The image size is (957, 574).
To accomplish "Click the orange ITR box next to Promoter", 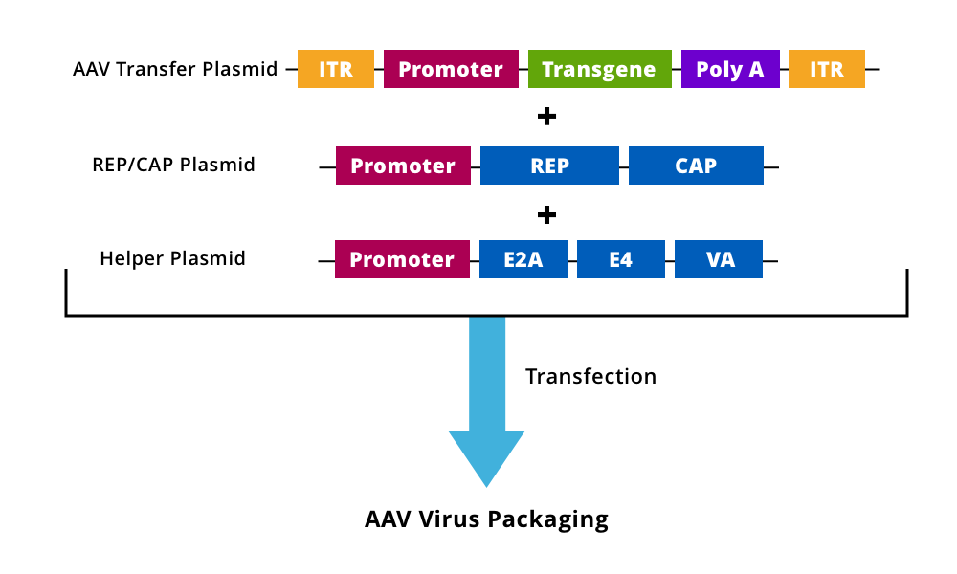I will [335, 69].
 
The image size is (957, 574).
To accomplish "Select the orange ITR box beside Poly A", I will [826, 69].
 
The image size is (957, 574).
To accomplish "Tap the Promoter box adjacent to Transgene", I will [451, 69].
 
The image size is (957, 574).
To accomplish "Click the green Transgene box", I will [599, 69].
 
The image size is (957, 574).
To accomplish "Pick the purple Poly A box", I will [730, 69].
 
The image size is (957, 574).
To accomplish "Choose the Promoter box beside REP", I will [403, 166].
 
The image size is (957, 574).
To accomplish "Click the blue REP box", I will [549, 166].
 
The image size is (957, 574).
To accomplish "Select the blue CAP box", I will [696, 166].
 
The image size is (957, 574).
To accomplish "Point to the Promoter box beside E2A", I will [402, 259].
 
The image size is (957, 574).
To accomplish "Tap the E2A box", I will [523, 259].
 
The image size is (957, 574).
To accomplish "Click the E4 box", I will [620, 259].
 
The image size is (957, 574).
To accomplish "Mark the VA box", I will [719, 259].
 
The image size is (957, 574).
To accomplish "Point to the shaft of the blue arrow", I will [487, 373].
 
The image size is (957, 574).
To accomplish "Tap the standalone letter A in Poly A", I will [756, 70].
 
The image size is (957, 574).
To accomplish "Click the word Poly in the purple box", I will [718, 70].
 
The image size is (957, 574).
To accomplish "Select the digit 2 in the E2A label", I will [523, 260].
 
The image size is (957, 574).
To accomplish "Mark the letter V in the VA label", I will [713, 260].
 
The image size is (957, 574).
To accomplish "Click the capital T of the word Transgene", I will [548, 70].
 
